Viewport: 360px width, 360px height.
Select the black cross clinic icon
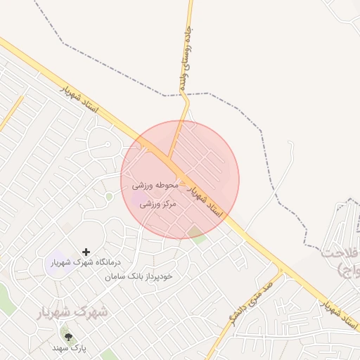click(x=86, y=251)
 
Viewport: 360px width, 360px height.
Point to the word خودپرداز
click(x=166, y=276)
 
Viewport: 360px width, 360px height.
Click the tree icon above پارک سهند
click(x=68, y=337)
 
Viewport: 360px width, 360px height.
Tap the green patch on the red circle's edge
click(x=200, y=237)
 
